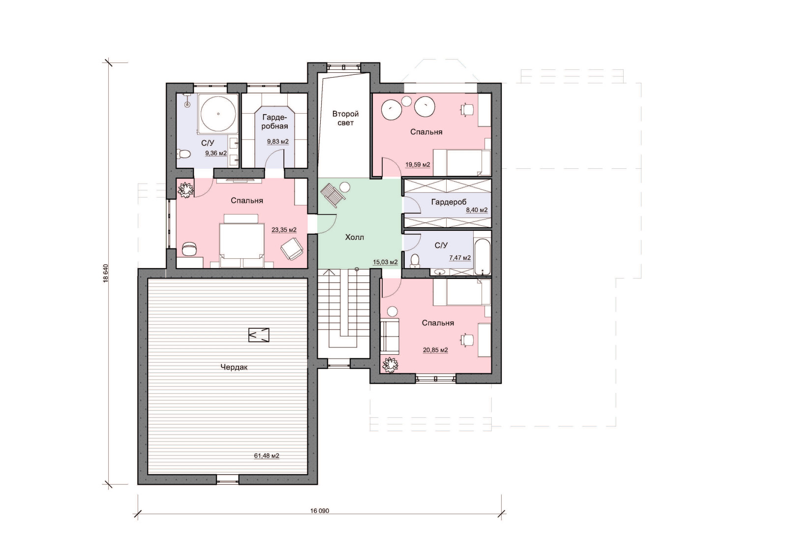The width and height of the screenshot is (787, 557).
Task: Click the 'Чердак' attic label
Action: [x=234, y=367]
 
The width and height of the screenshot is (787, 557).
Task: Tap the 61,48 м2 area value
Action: [x=267, y=456]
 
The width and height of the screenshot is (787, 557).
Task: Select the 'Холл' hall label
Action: [x=355, y=238]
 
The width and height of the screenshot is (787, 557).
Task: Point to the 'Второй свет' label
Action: [x=345, y=119]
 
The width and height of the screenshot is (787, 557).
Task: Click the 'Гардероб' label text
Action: [x=449, y=202]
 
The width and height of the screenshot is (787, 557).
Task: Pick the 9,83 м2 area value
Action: [x=278, y=142]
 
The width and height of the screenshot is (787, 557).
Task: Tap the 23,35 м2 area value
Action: [x=284, y=230]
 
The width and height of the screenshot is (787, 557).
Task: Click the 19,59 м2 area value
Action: [x=418, y=164]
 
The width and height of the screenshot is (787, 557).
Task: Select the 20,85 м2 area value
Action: [x=435, y=350]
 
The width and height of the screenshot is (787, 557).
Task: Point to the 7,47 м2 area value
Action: [x=460, y=258]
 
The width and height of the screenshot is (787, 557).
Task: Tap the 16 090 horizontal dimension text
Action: [x=319, y=511]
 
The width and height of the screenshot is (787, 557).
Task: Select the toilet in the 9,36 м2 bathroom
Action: [x=183, y=154]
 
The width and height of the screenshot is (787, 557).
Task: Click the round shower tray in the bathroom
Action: [x=218, y=114]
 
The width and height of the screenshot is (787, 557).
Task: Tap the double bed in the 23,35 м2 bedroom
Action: [x=242, y=241]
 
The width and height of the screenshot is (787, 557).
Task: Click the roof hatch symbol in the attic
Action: [x=259, y=335]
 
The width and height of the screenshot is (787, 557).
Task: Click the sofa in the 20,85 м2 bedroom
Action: [x=390, y=336]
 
